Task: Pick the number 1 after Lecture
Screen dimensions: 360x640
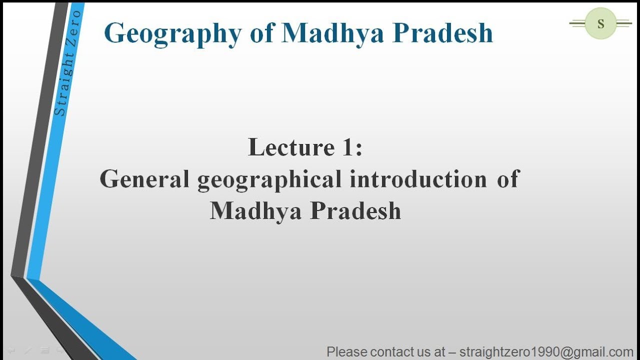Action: (348, 147)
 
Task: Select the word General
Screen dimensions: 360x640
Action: (144, 178)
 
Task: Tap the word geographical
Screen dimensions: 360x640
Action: (270, 179)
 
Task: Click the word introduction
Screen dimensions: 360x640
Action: (418, 178)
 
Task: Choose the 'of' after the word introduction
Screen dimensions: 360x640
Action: (508, 178)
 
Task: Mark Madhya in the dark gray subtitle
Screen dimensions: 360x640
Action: (255, 210)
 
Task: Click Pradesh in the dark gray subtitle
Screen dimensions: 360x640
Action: (355, 210)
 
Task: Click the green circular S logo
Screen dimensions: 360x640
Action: (600, 23)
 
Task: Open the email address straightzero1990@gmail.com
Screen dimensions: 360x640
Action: (546, 352)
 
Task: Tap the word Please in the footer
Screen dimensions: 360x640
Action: (346, 352)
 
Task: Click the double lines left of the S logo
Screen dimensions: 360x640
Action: (577, 23)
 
